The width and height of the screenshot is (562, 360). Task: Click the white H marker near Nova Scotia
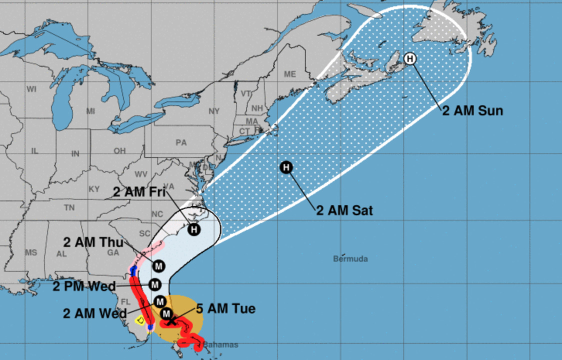pos(410,59)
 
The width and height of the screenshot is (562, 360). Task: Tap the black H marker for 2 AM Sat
pos(286,167)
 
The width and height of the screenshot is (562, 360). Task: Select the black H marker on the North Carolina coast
pos(194,229)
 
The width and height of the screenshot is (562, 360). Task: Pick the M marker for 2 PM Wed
pos(154,284)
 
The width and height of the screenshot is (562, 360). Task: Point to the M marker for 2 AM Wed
pos(160,301)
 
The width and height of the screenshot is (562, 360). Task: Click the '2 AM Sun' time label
pos(472,110)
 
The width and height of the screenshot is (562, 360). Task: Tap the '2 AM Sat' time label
pos(344,210)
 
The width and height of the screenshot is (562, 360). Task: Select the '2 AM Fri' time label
pos(139,191)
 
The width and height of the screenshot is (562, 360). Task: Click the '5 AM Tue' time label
pos(226,308)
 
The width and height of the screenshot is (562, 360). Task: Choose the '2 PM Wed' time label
pos(84,286)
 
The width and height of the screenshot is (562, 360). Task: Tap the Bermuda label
pos(350,258)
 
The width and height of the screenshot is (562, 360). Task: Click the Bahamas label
pos(220,345)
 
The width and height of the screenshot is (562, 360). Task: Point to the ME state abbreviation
pos(290,74)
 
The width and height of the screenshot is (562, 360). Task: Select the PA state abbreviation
pos(181,142)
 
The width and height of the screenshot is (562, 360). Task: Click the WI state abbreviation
pos(31,89)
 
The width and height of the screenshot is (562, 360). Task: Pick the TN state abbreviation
pos(69,207)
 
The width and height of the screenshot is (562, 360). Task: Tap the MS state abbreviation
pos(31,252)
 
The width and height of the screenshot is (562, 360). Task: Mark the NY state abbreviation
pos(214,110)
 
